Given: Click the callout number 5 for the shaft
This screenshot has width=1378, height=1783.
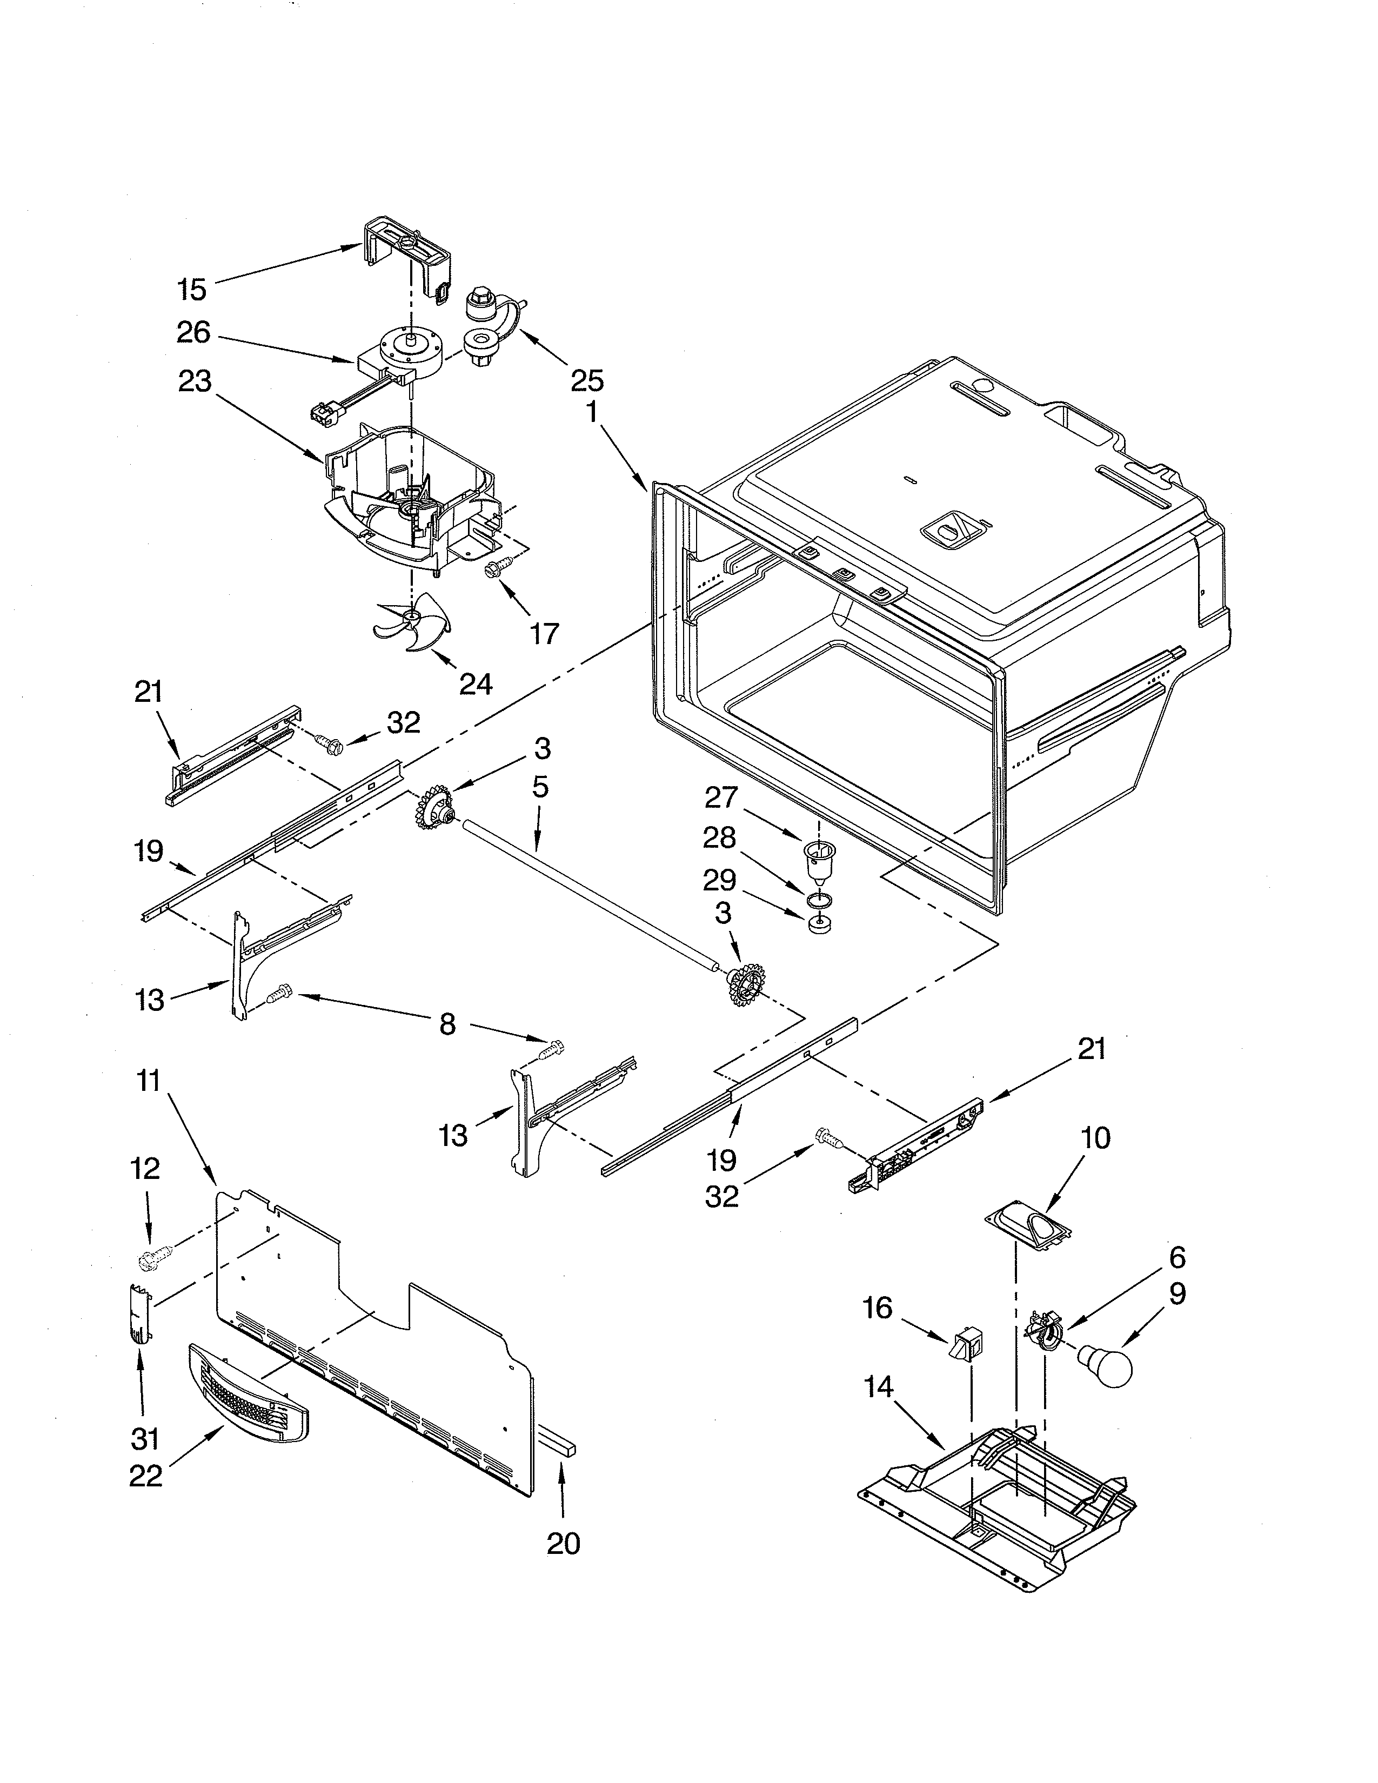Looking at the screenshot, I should (x=540, y=787).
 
